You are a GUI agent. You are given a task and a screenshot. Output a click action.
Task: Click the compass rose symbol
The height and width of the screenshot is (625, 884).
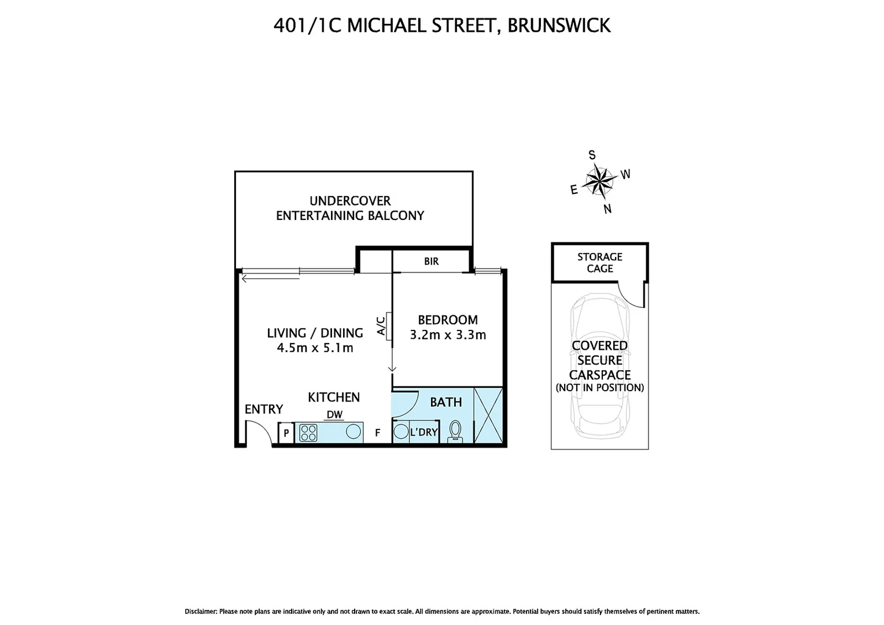coord(599,181)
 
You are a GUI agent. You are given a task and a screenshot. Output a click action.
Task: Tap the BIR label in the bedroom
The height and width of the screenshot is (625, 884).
coord(431,262)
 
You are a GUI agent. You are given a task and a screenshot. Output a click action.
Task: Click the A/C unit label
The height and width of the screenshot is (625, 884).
coord(381,326)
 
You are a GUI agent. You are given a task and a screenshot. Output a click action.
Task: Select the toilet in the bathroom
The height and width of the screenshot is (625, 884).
coord(456,431)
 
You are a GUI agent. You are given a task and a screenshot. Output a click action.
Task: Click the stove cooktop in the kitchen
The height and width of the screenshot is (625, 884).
coord(308,433)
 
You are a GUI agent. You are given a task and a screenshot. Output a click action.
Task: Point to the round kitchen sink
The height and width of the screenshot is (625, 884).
coord(352,432)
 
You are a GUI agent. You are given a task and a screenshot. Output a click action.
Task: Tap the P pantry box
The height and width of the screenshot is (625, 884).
coord(286,433)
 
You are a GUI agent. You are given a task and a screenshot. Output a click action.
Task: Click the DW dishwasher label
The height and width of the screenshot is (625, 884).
coord(334,414)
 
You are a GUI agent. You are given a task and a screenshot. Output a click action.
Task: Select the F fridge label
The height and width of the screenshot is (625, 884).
coord(377,432)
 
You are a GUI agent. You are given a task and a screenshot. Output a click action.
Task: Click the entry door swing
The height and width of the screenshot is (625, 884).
coord(258,433)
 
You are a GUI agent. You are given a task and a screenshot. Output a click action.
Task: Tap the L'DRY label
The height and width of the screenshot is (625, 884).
coord(423,432)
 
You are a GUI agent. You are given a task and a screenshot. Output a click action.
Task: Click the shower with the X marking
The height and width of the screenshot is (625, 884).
coord(488,416)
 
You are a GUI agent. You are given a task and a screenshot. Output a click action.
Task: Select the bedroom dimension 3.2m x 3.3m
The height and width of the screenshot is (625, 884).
coord(448,334)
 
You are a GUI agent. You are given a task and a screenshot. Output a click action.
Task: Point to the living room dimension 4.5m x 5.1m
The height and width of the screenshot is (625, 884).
coord(315,348)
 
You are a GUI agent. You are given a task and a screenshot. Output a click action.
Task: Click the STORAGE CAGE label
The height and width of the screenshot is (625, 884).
coord(599,263)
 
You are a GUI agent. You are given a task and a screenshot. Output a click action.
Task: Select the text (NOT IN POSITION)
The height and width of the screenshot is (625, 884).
coord(599,388)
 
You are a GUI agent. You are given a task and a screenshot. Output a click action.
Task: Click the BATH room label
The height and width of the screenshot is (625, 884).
coord(445,402)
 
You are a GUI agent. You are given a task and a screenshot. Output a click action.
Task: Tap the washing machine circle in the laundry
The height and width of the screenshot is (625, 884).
coord(401,432)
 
